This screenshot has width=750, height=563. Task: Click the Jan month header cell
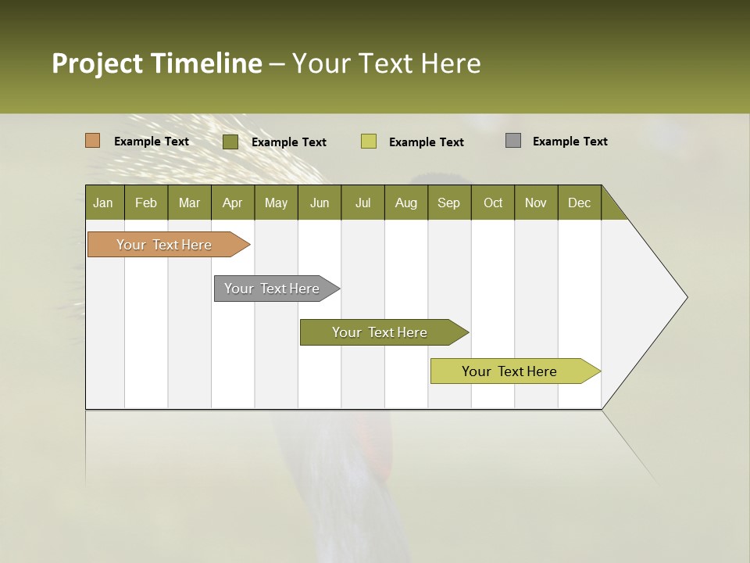tap(104, 203)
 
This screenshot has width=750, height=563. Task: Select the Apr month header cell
tap(232, 203)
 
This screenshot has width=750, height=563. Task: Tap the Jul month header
tap(362, 203)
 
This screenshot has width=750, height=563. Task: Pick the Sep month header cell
tap(448, 203)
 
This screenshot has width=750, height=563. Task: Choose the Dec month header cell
tap(579, 203)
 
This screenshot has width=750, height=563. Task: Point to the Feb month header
tap(146, 203)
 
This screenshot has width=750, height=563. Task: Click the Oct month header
tap(493, 203)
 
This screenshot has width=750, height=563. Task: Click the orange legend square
tap(92, 141)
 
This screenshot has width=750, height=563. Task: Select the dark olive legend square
tap(230, 142)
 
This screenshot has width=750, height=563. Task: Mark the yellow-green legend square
tap(368, 142)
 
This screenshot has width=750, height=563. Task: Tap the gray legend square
tap(512, 141)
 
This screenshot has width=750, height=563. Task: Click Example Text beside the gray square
tap(570, 142)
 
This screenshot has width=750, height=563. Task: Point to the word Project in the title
tap(98, 63)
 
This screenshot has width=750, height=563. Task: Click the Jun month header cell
tap(320, 203)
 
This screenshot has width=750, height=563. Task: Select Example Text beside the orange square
tap(151, 142)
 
